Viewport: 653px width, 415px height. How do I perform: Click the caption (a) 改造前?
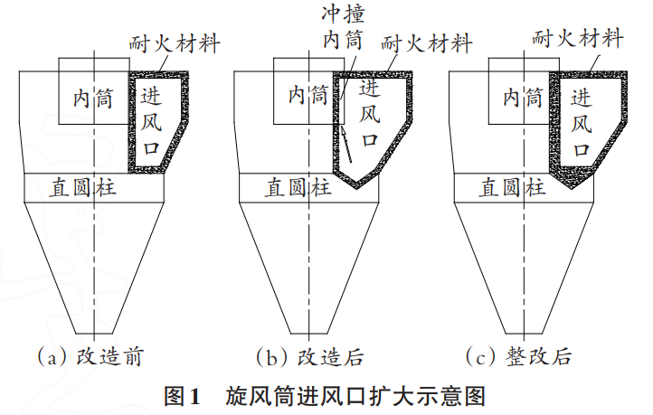click(90, 356)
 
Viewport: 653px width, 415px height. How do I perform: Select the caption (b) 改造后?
click(309, 356)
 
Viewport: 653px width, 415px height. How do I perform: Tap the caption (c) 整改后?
click(518, 356)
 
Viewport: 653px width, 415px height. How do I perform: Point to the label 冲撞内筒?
click(343, 27)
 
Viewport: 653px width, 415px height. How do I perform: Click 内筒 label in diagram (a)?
click(93, 99)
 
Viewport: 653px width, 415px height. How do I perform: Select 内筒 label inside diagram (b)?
click(308, 95)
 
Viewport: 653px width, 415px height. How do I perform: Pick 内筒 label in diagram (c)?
click(523, 99)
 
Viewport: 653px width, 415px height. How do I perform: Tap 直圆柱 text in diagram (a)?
click(83, 187)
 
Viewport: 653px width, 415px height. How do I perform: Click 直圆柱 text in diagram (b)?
click(298, 187)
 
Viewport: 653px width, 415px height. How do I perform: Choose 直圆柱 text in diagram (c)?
click(512, 187)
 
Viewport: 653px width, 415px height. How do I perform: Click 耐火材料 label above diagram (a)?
click(175, 43)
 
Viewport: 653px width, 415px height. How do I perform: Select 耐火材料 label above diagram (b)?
click(427, 43)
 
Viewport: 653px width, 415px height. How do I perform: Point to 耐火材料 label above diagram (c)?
click(578, 39)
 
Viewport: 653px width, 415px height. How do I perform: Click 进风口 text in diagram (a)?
click(151, 121)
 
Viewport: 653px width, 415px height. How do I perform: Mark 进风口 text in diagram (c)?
click(582, 122)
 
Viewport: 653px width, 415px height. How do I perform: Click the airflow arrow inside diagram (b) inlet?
click(346, 145)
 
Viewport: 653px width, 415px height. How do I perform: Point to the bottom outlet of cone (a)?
click(95, 334)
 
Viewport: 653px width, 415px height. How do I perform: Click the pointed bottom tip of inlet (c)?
click(572, 188)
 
